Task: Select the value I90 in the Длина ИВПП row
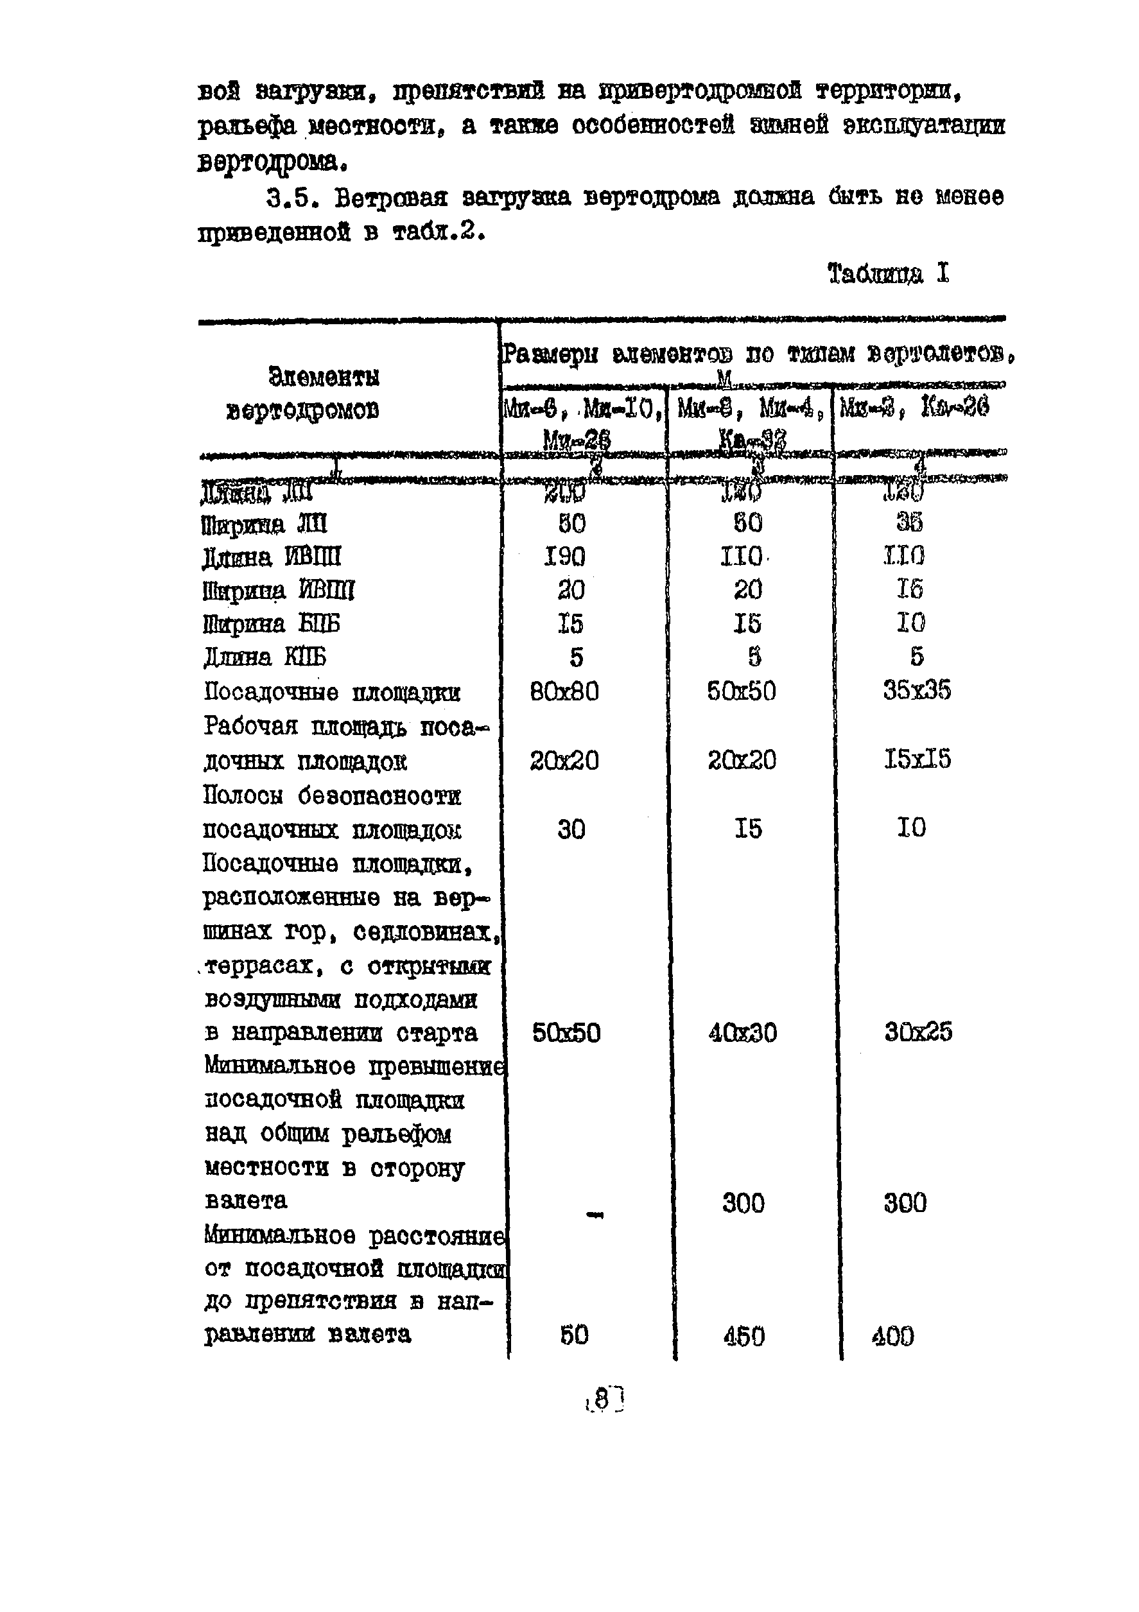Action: click(564, 557)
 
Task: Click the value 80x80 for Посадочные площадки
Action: click(564, 691)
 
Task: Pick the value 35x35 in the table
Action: click(917, 690)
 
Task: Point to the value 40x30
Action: click(743, 1033)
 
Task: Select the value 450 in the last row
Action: click(743, 1335)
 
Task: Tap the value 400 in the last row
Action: click(893, 1335)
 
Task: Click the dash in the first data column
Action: click(594, 1215)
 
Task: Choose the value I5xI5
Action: click(917, 759)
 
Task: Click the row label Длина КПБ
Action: click(265, 657)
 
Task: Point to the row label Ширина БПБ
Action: click(271, 624)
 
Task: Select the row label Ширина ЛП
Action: click(264, 524)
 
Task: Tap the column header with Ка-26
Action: click(914, 407)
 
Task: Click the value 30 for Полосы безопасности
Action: click(571, 829)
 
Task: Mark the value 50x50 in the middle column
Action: click(742, 691)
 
